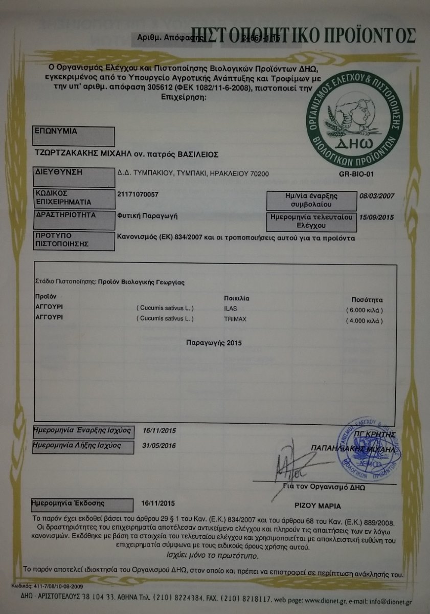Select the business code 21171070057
pos(138,194)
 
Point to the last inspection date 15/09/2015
pos(377,217)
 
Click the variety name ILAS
pos(231,309)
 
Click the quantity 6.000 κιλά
pos(364,310)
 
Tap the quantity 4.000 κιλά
pos(364,321)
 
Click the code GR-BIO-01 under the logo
pos(357,174)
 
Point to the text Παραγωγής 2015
pos(215,342)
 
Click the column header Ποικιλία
pos(237,298)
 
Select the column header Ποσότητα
pos(367,300)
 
